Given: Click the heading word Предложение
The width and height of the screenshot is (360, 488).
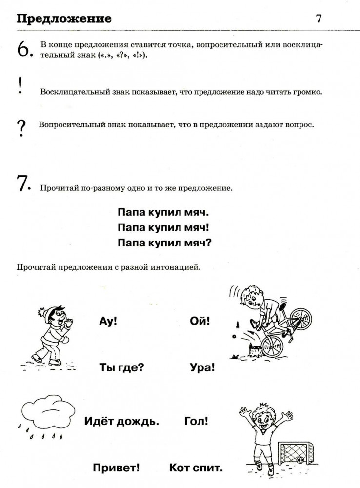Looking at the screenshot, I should pyautogui.click(x=64, y=19).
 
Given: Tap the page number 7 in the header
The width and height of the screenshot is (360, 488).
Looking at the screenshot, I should pyautogui.click(x=319, y=19).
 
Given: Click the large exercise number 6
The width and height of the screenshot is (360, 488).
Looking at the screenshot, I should pyautogui.click(x=24, y=50).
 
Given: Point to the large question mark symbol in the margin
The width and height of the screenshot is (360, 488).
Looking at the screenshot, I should pyautogui.click(x=21, y=128).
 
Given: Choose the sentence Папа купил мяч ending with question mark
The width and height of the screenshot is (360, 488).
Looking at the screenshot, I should pyautogui.click(x=165, y=242).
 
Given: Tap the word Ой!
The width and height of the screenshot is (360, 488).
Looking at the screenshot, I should pyautogui.click(x=200, y=322).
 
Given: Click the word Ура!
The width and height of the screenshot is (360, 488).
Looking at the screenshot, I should pyautogui.click(x=202, y=367).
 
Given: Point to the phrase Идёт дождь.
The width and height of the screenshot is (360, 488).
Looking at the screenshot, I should pyautogui.click(x=121, y=421).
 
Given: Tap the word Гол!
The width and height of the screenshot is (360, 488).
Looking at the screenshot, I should pyautogui.click(x=197, y=420).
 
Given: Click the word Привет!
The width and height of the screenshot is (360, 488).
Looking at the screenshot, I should pyautogui.click(x=116, y=468).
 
